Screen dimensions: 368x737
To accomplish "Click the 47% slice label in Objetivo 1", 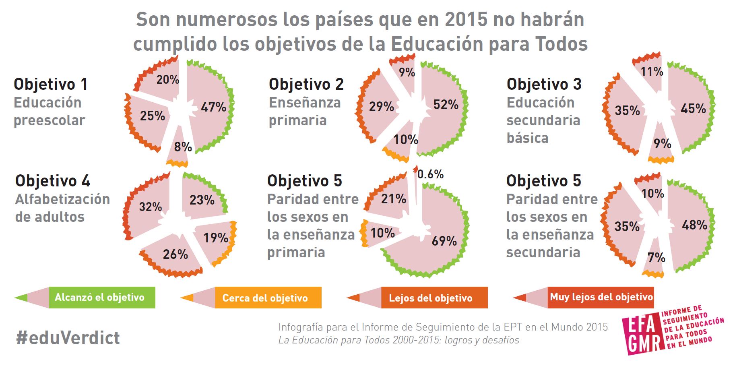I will [213, 107].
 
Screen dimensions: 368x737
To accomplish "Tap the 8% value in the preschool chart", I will [183, 147].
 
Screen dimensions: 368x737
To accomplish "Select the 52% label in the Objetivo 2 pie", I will [446, 105].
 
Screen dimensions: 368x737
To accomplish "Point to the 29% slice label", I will [381, 107].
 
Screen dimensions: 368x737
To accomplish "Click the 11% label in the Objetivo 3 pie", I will [652, 72].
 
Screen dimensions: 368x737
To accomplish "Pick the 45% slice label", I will [693, 109].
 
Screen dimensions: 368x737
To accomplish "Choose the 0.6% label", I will [430, 174].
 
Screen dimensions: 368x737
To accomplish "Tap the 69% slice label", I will [444, 241].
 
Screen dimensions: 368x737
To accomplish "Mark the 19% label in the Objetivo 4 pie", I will [216, 238].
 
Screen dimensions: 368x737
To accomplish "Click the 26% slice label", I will [175, 254].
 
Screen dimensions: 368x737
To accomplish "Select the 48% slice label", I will [694, 225].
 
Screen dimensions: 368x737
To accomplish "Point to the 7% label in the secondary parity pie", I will [656, 258].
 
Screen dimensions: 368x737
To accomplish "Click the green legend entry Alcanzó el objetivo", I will [99, 298].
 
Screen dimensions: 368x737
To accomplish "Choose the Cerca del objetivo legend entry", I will [265, 298].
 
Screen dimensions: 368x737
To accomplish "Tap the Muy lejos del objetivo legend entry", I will [601, 297].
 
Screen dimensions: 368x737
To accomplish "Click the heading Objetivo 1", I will [51, 84].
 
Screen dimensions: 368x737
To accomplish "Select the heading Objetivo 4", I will [53, 181].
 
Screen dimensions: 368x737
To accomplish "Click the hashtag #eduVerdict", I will [68, 338].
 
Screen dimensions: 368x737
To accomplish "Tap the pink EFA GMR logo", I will [642, 334].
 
